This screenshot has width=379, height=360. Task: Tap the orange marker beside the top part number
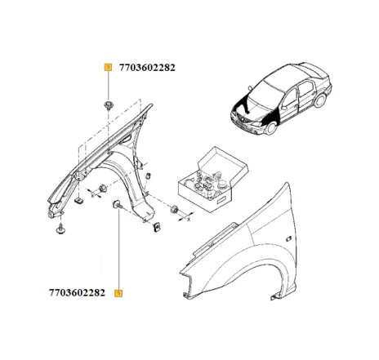tap(107, 69)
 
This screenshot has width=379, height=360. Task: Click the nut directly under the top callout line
tap(108, 104)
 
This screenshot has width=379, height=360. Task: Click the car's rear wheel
tap(319, 101)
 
